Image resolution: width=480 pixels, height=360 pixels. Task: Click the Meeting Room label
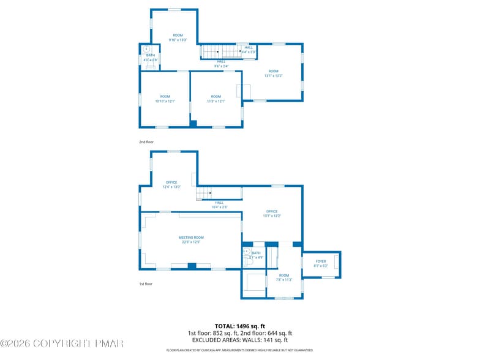coord(191,239)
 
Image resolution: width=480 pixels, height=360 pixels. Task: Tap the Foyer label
coord(321,263)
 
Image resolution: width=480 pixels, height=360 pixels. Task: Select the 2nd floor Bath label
coord(150,58)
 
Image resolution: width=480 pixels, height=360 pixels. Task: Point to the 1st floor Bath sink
coord(247,252)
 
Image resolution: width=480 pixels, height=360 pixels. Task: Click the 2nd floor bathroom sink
coord(146,49)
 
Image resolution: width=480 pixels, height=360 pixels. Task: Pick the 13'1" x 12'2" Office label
coord(272,214)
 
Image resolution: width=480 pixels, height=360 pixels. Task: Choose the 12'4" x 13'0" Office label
coord(171,184)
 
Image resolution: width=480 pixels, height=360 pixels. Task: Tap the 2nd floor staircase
coord(219,51)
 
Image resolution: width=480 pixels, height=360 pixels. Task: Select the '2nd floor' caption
coord(146,142)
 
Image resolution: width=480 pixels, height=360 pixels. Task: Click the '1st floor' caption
coord(146,284)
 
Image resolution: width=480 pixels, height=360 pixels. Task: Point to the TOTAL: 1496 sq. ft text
coord(239,326)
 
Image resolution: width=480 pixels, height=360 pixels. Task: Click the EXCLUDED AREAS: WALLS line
coord(239,340)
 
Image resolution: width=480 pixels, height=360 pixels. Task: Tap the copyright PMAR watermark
coord(61,343)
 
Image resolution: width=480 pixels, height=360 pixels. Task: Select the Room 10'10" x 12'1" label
coord(165,99)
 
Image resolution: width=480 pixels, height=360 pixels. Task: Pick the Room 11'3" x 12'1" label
coord(216,99)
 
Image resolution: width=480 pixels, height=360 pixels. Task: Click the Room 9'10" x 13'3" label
coord(178,37)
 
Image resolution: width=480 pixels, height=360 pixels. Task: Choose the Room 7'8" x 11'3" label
coord(283,277)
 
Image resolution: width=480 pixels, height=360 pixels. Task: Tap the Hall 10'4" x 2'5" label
coord(219,204)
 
